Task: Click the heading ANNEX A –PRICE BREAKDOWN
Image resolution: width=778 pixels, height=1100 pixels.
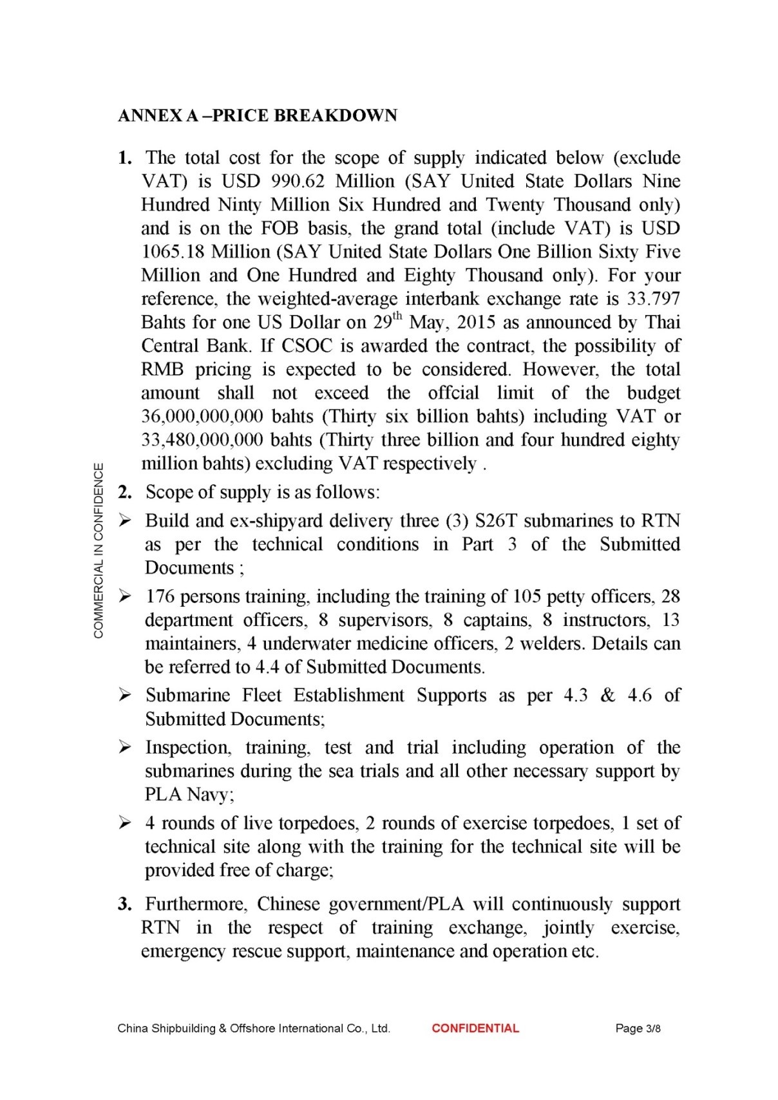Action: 258,115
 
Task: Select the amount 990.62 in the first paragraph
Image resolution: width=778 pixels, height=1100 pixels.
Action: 298,181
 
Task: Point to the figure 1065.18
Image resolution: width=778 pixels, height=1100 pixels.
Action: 173,252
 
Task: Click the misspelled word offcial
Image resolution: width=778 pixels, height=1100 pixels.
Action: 453,393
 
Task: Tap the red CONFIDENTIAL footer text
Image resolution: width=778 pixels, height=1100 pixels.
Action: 475,1029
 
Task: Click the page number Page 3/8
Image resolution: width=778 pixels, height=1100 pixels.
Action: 638,1029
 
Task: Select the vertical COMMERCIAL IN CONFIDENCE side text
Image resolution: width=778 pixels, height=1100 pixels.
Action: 99,550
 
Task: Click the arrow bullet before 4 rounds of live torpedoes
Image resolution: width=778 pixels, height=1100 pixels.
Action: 125,822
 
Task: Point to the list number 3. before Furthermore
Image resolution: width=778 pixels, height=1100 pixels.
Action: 125,904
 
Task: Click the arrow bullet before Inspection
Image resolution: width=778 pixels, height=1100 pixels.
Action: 125,747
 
